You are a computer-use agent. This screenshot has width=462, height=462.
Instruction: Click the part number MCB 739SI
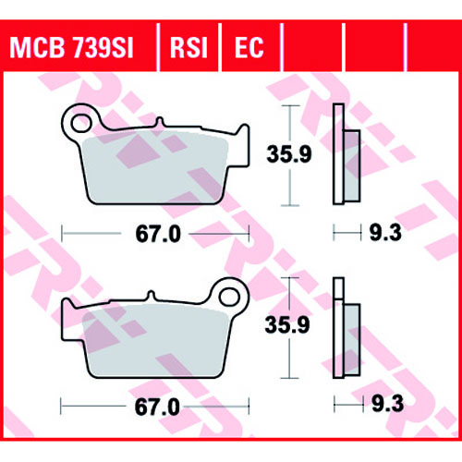coord(71,48)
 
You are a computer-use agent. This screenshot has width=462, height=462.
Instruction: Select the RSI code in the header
coord(188,48)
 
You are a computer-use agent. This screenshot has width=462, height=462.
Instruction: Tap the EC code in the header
coord(249,48)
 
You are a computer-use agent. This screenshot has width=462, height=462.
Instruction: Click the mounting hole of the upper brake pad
coord(81,124)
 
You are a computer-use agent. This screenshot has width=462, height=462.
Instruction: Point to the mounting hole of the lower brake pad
coord(229,298)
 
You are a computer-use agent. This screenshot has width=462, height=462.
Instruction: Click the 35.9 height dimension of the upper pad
coord(289,153)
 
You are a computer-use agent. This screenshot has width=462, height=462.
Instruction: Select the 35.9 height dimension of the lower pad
coord(287,324)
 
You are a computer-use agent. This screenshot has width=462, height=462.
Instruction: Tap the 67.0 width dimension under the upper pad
coord(158,234)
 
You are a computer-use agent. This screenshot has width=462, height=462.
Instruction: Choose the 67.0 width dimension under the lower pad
coord(157,407)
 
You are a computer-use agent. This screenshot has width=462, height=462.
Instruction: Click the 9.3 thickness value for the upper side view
coord(385,233)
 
